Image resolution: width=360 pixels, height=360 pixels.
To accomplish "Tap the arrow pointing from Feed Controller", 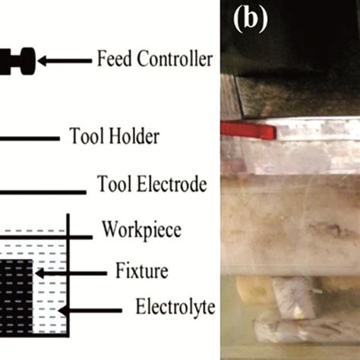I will point(64,59).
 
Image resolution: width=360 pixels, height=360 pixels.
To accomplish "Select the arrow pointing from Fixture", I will point(56,272).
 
